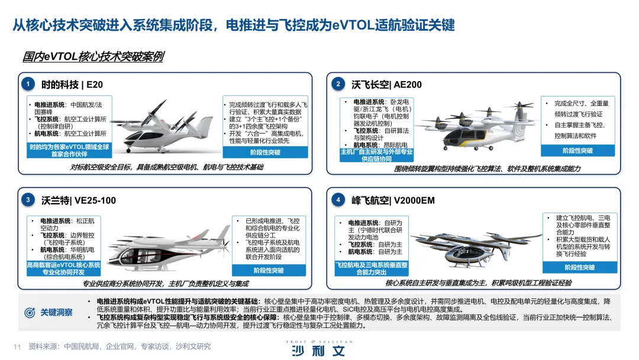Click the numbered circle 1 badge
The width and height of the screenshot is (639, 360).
click(28, 84)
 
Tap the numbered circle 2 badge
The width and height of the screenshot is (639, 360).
click(338, 84)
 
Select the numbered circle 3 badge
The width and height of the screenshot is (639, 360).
click(28, 200)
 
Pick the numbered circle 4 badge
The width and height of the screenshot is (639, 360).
click(338, 200)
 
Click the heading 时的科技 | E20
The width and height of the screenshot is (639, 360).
click(72, 85)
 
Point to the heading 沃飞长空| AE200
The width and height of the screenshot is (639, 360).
click(386, 85)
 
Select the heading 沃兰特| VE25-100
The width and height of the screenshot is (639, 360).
click(79, 200)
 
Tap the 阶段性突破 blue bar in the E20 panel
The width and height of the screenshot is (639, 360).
click(265, 152)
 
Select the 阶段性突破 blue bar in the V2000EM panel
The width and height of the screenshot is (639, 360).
click(579, 267)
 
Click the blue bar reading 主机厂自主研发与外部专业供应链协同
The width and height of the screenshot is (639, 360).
click(376, 155)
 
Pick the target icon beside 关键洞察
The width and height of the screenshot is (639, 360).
click(30, 313)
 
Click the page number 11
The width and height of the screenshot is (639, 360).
click(17, 346)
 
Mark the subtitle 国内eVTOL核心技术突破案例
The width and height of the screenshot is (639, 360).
click(93, 56)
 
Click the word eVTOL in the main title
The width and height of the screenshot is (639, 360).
click(353, 25)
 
